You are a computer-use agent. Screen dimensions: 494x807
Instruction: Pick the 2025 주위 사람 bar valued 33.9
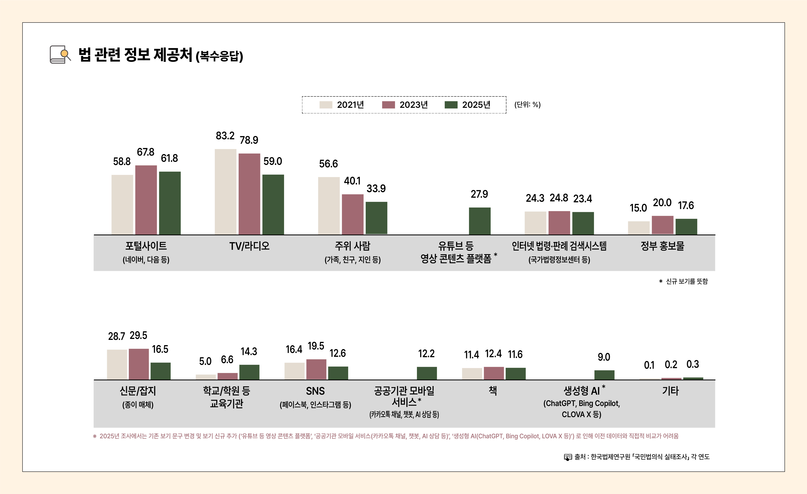coord(376,218)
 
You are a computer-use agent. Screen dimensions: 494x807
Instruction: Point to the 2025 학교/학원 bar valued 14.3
coord(249,372)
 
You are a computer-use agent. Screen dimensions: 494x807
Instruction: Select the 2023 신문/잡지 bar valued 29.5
coord(139,364)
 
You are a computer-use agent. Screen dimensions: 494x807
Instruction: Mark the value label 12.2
coord(426,354)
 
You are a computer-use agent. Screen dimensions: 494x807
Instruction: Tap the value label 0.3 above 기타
coord(693,364)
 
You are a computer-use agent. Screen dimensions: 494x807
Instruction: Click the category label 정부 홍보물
coord(662,246)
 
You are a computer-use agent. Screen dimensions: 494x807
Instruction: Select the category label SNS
coord(315,391)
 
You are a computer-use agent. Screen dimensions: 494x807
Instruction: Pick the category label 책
coord(493,390)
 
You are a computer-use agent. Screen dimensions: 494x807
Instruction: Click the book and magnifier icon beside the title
coord(60,54)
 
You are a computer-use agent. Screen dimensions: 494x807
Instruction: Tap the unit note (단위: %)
coord(527,105)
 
